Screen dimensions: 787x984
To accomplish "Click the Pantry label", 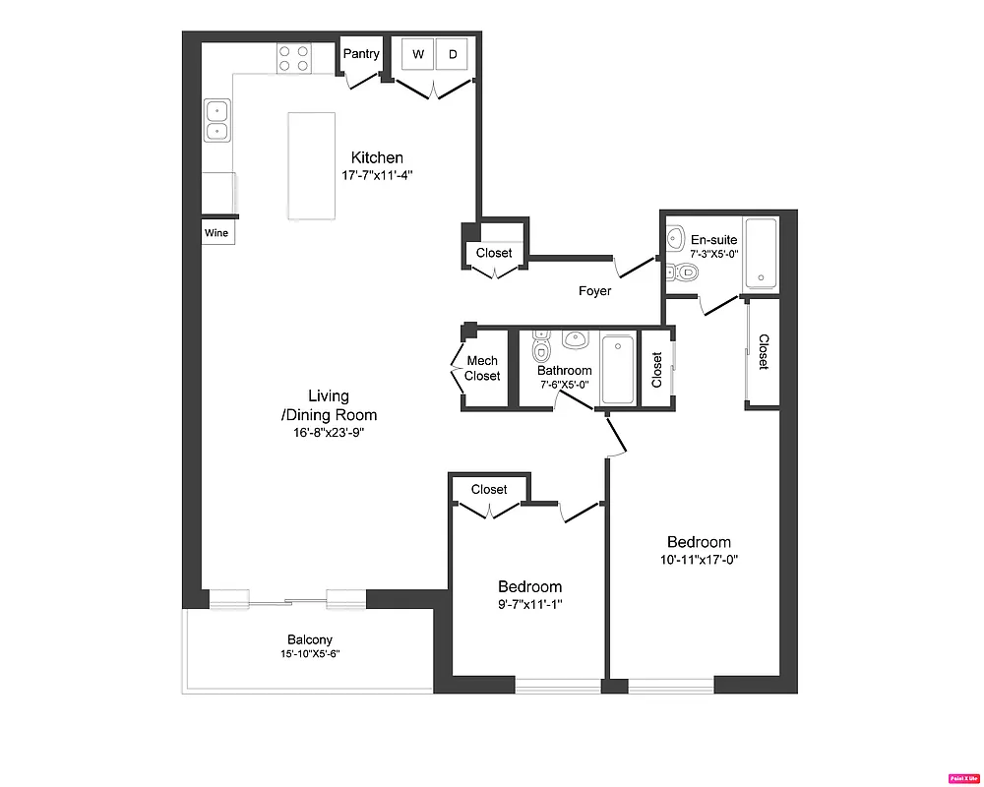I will pos(361,54).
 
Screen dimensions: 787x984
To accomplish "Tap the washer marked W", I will pos(417,55).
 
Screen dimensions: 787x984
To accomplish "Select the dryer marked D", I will pos(453,55).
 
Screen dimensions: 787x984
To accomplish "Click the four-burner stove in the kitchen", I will pos(293,58).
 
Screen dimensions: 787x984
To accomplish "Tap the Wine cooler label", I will pos(216,233).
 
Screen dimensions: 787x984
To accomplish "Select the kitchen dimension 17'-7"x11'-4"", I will pos(377,176).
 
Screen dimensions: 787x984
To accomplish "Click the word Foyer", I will pos(594,291).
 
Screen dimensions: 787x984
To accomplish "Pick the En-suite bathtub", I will pos(761,254).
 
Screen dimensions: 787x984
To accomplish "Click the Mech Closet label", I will pos(482,369).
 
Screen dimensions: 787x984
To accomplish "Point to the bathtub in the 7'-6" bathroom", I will pos(617,369).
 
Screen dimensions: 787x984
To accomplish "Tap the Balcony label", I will pos(309,639).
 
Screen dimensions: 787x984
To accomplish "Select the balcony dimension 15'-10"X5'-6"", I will pos(309,653).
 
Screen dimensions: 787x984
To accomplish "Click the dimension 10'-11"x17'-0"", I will pos(699,560).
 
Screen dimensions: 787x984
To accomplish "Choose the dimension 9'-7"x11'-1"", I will pos(529,604).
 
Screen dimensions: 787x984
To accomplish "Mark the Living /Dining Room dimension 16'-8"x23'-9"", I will pos(329,431).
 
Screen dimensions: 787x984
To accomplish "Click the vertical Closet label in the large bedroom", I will pos(764,352).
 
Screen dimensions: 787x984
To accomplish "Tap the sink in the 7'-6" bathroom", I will pos(575,340).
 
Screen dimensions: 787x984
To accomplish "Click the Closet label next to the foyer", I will pos(494,253).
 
